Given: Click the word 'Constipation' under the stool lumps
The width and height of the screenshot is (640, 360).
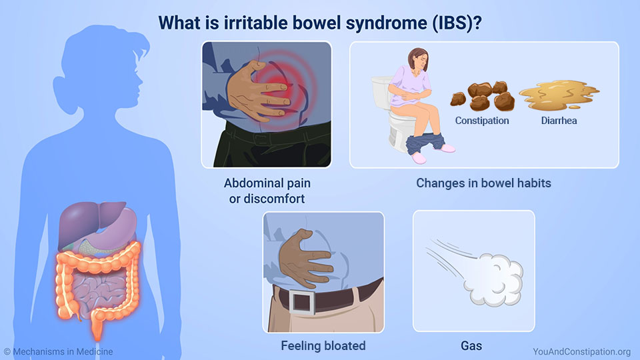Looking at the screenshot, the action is [481, 121].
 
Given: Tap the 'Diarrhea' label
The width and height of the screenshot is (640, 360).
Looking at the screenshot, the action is [559, 121].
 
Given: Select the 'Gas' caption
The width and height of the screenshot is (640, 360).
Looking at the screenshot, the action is [471, 346].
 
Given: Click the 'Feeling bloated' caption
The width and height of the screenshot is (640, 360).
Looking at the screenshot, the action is [323, 346].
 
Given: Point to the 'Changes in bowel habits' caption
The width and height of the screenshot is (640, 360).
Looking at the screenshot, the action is [484, 183].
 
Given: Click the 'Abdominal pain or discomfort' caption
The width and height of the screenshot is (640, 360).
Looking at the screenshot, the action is [267, 191].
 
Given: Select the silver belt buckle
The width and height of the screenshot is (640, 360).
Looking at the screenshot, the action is [303, 301].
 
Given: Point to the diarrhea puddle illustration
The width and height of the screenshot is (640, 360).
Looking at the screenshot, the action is [559, 95].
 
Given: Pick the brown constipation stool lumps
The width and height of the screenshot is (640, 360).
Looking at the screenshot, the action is [483, 96].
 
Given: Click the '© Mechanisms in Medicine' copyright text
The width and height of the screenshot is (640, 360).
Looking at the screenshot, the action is [59, 351].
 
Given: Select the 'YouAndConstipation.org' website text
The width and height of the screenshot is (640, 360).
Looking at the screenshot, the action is [581, 351].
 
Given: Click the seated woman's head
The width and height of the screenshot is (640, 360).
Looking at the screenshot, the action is [419, 59].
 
